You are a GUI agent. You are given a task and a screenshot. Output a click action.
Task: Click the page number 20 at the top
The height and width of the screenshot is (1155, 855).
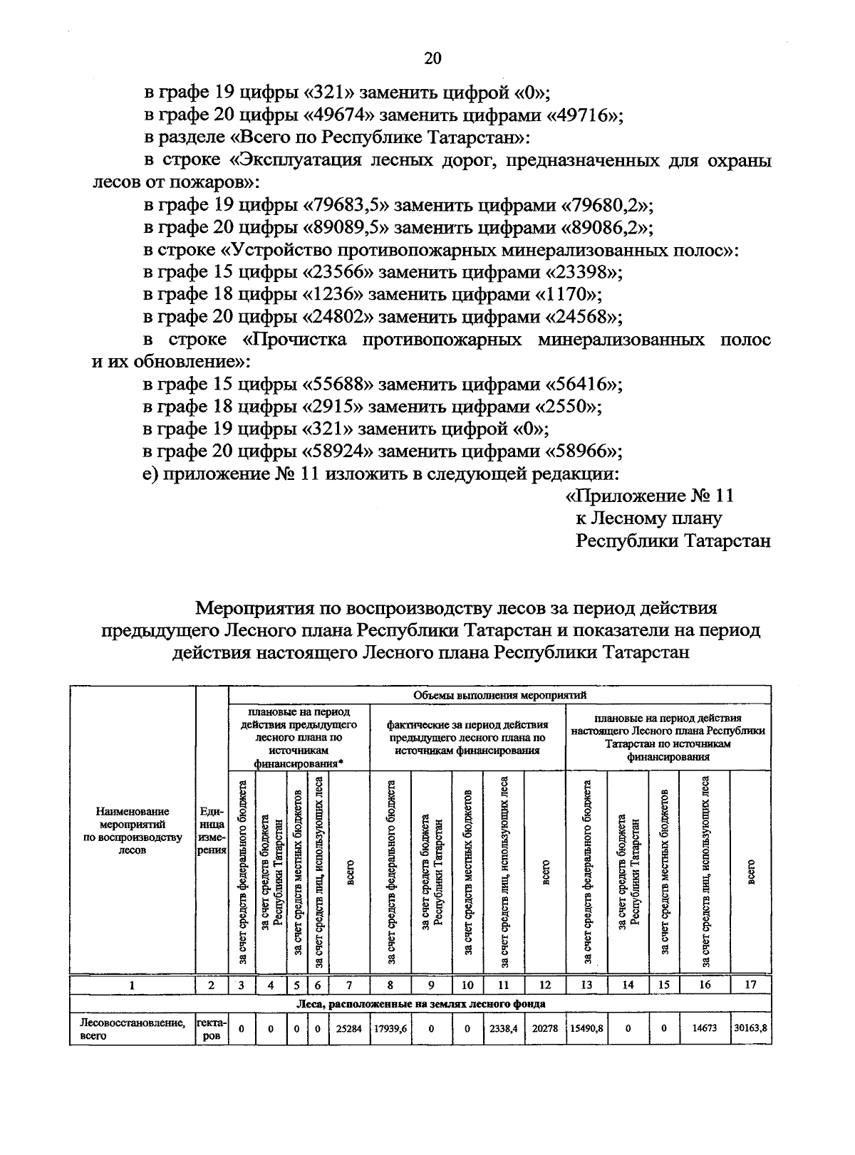coord(432,58)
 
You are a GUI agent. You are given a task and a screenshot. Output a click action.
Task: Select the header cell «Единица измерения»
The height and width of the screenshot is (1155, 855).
coord(212,830)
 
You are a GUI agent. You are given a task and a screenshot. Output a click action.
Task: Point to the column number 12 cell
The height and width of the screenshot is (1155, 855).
coord(545,986)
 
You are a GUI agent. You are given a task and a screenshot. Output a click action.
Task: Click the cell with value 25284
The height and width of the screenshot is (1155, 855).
coord(348,1029)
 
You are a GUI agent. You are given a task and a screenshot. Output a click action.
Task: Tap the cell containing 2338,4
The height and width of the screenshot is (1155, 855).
coord(503,1029)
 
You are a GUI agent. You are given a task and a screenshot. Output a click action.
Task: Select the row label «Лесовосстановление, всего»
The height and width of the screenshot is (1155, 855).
coord(132,1029)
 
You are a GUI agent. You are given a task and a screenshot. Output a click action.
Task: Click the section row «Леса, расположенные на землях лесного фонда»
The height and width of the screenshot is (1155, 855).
coord(420,1004)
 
